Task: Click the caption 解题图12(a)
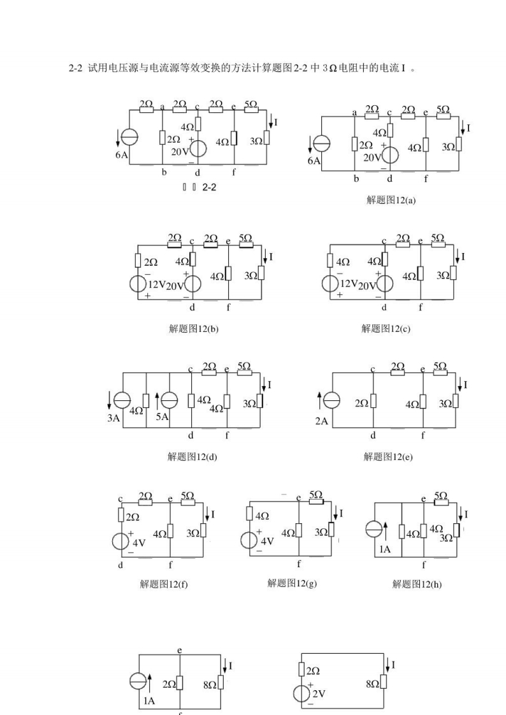click(391, 200)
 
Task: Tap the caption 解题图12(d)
click(192, 456)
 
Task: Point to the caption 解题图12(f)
click(164, 584)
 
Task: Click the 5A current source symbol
click(169, 400)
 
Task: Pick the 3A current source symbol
click(122, 400)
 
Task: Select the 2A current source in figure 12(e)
click(331, 400)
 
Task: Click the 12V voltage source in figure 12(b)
click(138, 284)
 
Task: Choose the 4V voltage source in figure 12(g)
click(250, 540)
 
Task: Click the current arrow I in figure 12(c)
click(457, 257)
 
